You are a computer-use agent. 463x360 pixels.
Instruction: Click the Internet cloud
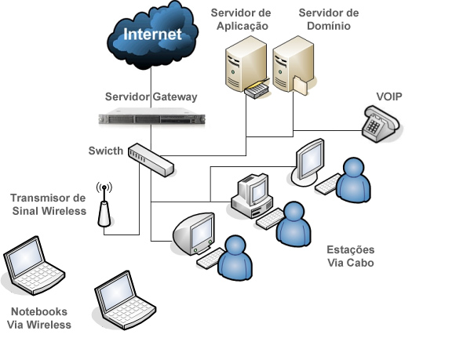click(x=153, y=35)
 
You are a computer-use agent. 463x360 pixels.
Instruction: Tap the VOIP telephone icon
click(x=381, y=124)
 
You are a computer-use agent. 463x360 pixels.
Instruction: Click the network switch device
click(x=151, y=160)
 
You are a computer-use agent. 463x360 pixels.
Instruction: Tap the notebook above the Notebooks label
click(x=34, y=266)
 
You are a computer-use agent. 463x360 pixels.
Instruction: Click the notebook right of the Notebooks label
click(x=125, y=300)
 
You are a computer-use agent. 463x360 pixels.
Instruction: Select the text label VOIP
click(x=389, y=96)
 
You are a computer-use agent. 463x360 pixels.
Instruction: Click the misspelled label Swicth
click(x=106, y=151)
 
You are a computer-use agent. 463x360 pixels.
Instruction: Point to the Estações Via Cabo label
click(x=351, y=256)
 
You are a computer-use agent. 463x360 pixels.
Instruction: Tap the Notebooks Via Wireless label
click(x=39, y=318)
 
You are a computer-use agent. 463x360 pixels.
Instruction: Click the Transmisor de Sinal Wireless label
click(x=49, y=204)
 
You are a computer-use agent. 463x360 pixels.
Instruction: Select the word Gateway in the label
click(x=175, y=96)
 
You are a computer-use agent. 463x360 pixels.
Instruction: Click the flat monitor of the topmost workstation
click(x=309, y=162)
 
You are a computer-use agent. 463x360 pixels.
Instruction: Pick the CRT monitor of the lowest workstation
click(x=194, y=234)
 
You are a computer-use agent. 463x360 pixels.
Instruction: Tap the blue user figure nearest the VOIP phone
click(x=353, y=180)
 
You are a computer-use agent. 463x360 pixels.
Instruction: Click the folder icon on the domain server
click(x=301, y=85)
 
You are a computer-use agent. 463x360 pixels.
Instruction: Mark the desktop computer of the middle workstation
click(x=252, y=196)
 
